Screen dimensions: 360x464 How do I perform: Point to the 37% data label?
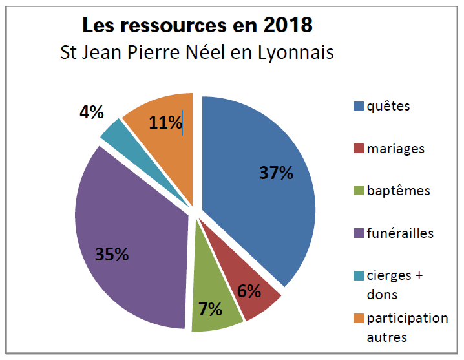click(x=276, y=173)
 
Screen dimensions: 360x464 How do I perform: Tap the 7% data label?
click(x=210, y=309)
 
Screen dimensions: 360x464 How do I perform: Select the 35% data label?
click(x=112, y=254)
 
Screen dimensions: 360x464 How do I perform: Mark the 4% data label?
click(x=92, y=112)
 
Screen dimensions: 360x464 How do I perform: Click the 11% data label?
click(x=165, y=122)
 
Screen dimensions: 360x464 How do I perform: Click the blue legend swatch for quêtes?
click(x=358, y=107)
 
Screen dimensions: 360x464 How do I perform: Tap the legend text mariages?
click(x=395, y=149)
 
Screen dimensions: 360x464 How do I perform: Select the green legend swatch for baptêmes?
click(x=358, y=191)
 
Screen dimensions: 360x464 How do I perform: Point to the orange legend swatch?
click(x=358, y=318)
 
